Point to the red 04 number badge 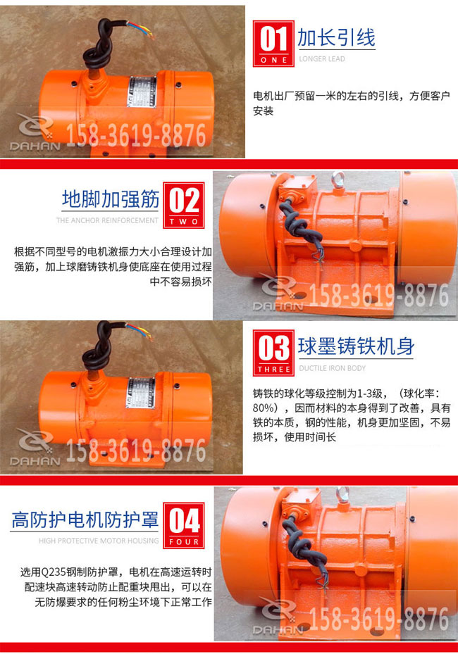point(184,524)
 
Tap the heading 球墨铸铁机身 point(356,346)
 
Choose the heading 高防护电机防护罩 point(85,521)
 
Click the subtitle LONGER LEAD point(322,59)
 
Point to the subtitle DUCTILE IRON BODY point(333,367)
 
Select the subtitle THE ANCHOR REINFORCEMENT point(107,220)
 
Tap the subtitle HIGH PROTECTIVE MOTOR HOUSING point(99,541)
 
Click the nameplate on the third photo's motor point(140,391)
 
